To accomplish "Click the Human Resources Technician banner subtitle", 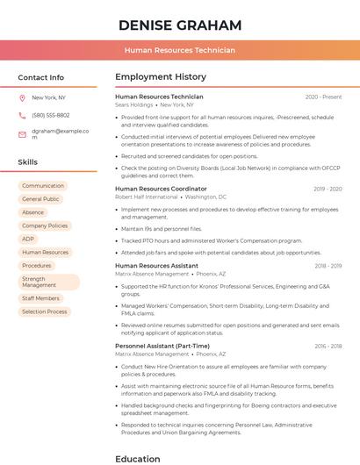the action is [179, 50].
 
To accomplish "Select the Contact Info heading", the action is [40, 77].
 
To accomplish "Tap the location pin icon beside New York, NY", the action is [22, 98].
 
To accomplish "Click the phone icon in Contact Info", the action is [22, 115].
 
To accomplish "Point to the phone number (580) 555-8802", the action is [50, 115].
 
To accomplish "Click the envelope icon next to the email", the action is [22, 133].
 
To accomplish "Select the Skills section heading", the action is [27, 162].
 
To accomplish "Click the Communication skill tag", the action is [43, 186].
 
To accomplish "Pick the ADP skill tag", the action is [28, 239].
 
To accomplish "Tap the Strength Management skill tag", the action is [48, 282].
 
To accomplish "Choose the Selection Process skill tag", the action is [44, 311].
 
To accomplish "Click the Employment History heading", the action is [160, 77].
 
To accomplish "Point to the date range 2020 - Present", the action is [323, 97].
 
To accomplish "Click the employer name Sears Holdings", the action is [133, 104].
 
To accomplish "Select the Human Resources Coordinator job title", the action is [161, 189].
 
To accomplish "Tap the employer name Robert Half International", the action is [146, 197].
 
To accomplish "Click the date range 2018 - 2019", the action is [328, 265].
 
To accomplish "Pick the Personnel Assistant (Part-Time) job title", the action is [162, 346].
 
